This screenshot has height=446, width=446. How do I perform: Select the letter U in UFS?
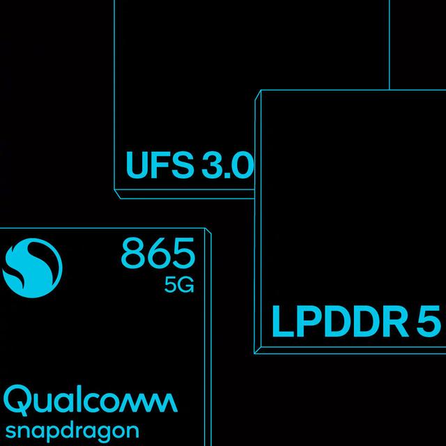coord(136,165)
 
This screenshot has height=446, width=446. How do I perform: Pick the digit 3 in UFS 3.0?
coord(206,165)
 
